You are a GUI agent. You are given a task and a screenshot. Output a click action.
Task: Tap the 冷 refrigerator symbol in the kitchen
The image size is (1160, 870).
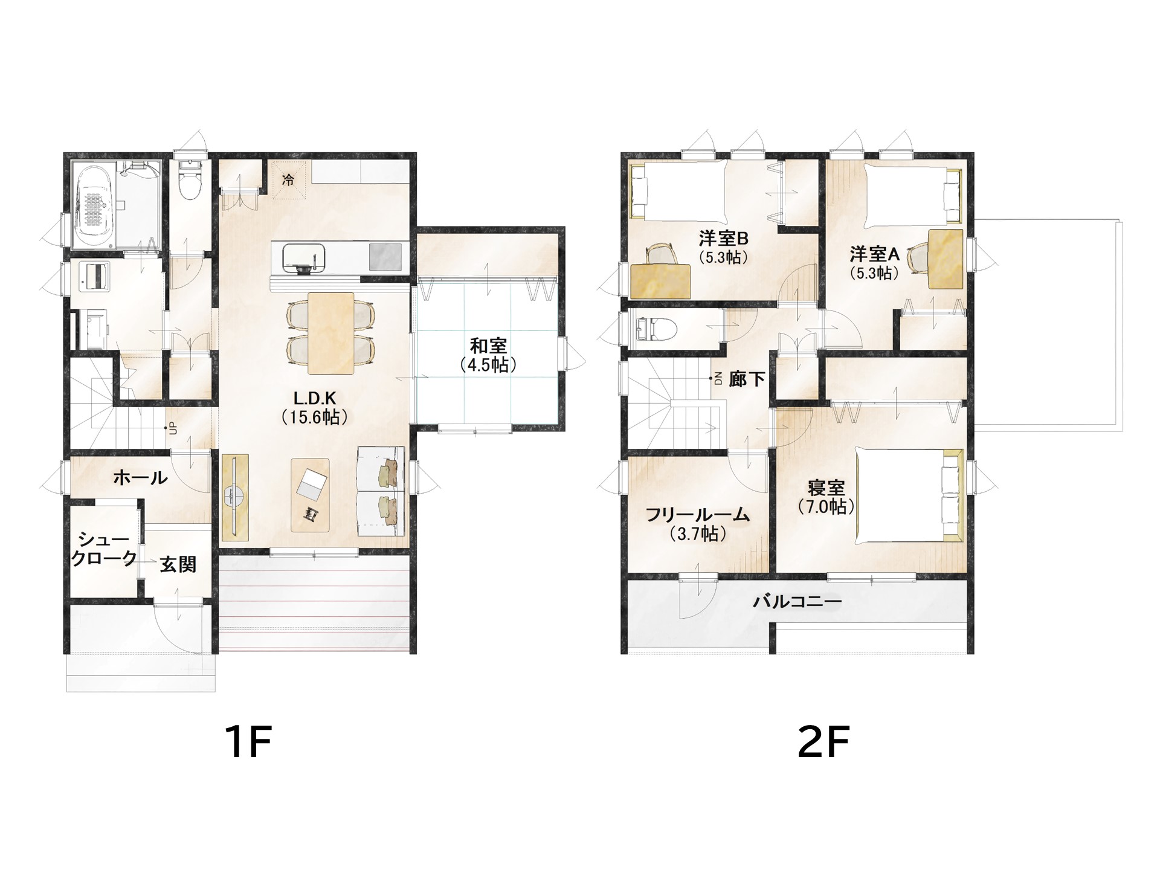288,179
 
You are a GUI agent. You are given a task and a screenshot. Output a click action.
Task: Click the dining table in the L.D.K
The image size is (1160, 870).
330,334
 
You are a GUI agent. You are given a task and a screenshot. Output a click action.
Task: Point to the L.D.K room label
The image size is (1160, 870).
314,407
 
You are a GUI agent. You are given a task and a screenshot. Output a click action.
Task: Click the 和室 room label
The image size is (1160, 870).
488,355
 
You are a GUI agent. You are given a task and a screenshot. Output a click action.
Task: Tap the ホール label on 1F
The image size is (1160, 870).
140,478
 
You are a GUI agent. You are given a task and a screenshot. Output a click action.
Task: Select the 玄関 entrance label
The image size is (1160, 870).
178,564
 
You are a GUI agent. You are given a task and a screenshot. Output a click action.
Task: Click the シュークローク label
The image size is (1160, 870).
104,549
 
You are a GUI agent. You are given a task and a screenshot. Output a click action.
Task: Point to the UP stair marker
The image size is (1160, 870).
173,428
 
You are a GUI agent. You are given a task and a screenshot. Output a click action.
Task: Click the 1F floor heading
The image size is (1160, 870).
248,741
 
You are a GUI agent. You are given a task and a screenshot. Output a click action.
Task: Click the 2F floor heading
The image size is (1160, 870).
823,741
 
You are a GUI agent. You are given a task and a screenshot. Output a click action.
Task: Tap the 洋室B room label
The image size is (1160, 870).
724,246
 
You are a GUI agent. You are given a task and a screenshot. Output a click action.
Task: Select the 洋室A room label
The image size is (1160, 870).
875,263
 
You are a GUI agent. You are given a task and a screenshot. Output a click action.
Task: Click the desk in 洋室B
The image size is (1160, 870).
660,281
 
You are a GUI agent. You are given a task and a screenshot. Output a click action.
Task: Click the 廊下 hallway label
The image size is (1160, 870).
747,379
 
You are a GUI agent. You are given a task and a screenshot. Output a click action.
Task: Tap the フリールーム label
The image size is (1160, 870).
698,524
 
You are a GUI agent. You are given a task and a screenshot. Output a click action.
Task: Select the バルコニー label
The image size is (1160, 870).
797,602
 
